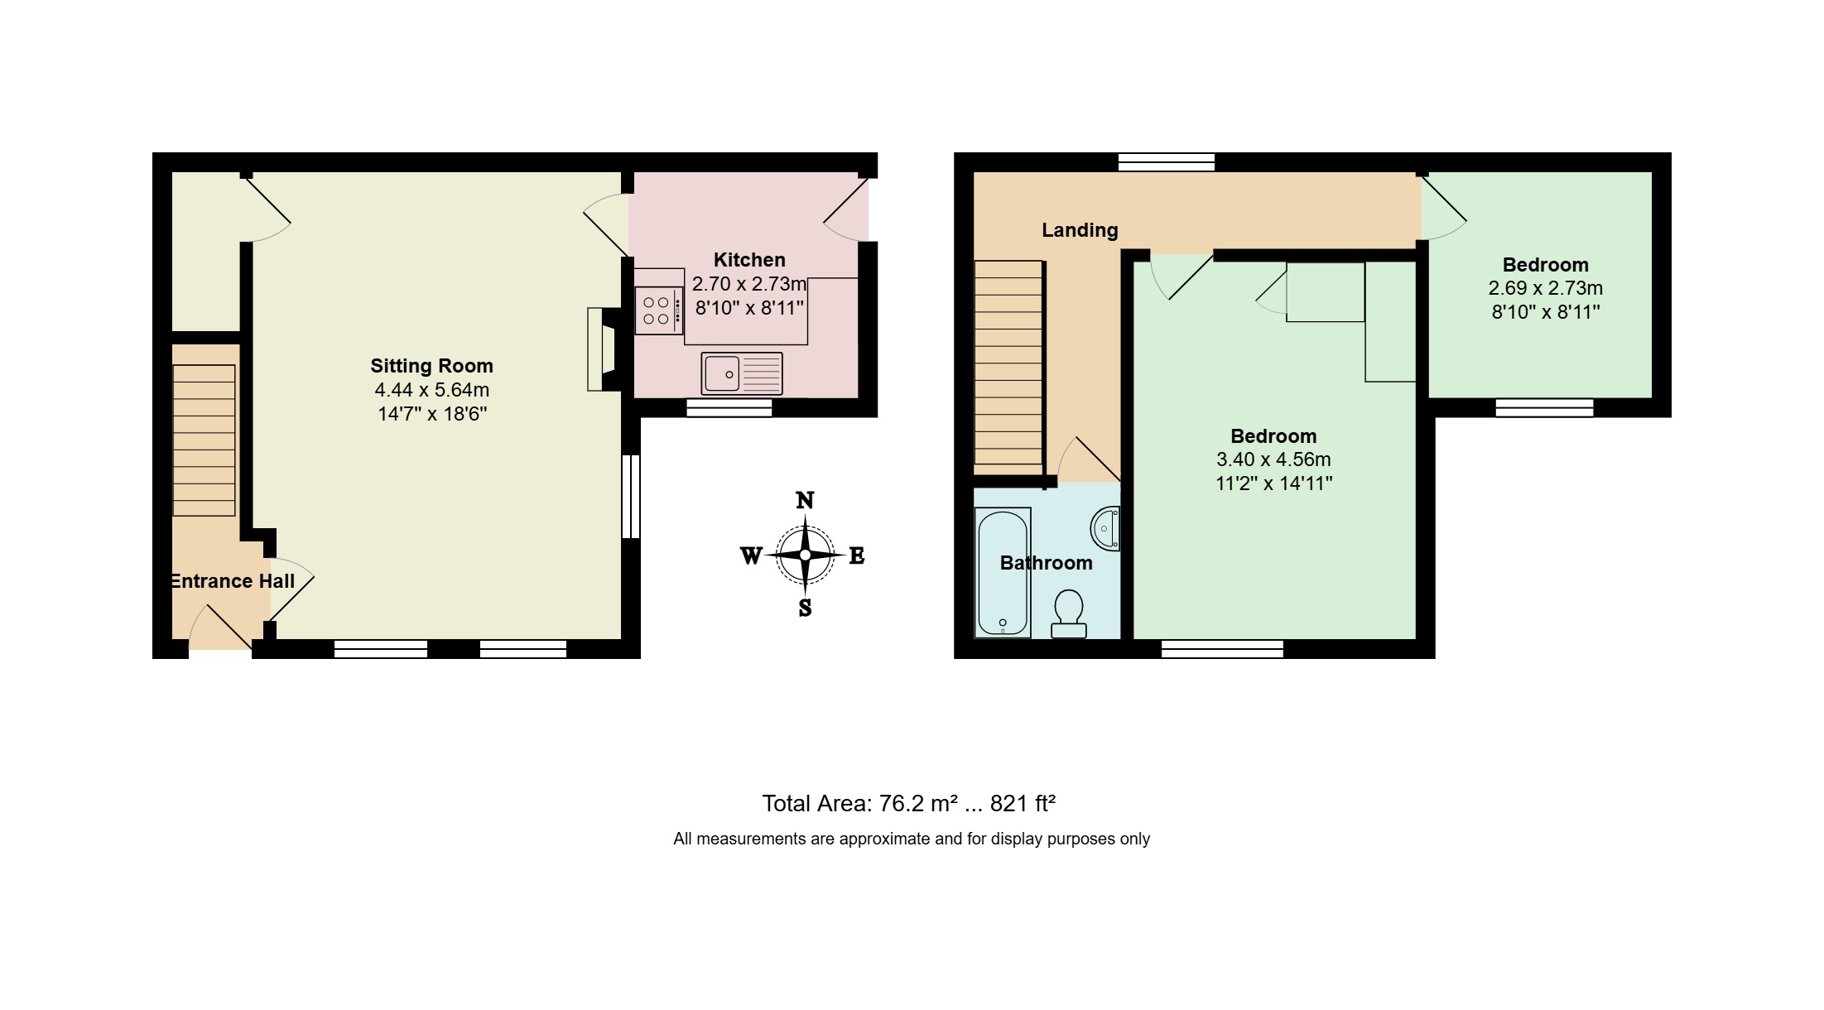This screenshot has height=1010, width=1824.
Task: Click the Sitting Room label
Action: (x=431, y=366)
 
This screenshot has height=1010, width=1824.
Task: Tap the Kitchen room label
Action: (x=749, y=260)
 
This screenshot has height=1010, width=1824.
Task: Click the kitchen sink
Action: (x=742, y=374)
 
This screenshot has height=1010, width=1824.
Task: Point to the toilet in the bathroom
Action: (x=1069, y=613)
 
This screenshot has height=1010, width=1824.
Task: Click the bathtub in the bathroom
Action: (x=1003, y=572)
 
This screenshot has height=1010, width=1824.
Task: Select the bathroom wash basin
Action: (x=1106, y=528)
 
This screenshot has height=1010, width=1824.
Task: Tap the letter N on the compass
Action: (x=805, y=500)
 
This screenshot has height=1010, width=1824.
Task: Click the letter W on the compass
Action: (x=751, y=555)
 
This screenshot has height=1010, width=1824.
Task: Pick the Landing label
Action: (x=1080, y=230)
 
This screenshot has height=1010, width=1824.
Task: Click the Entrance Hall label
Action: (x=233, y=581)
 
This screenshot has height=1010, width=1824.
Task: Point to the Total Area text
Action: (x=909, y=804)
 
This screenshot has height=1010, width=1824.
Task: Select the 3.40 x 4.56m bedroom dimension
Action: (x=1273, y=459)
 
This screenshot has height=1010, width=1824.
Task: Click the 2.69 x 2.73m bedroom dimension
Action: (x=1546, y=288)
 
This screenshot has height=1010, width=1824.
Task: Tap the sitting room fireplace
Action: (x=603, y=349)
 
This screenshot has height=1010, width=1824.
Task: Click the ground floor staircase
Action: (x=204, y=440)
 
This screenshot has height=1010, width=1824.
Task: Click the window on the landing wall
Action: (x=1167, y=162)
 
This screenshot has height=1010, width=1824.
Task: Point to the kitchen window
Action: (x=729, y=408)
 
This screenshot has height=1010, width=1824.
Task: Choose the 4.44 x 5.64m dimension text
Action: (x=432, y=390)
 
